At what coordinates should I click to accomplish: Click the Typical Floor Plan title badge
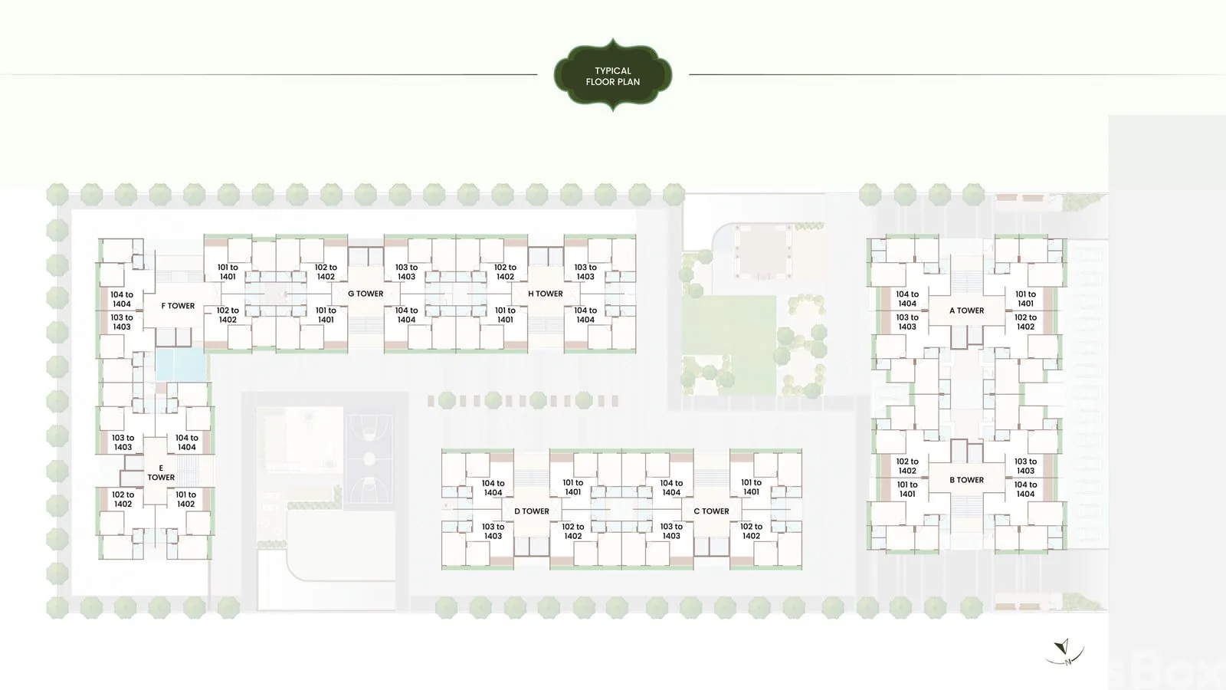click(x=613, y=76)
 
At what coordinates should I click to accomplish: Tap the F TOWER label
click(x=178, y=306)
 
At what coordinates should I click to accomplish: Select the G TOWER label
click(x=366, y=294)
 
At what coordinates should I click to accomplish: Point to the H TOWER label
click(x=545, y=294)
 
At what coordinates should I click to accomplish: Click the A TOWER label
click(x=966, y=310)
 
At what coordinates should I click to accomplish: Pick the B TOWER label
click(x=966, y=480)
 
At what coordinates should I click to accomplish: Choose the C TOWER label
click(x=711, y=511)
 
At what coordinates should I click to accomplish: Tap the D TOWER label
click(x=532, y=511)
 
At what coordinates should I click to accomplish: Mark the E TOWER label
click(x=161, y=472)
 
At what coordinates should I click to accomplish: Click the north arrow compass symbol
click(x=1064, y=652)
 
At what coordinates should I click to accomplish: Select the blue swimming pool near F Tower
click(x=181, y=365)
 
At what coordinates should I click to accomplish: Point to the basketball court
click(x=369, y=459)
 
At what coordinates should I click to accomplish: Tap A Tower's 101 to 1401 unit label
click(x=1025, y=299)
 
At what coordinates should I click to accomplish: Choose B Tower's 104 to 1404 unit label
click(x=1025, y=489)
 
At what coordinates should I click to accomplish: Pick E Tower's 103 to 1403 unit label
click(x=123, y=442)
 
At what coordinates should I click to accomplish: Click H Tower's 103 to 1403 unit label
click(x=585, y=272)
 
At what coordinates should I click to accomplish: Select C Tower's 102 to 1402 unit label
click(x=751, y=531)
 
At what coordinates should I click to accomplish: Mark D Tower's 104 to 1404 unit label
click(x=493, y=488)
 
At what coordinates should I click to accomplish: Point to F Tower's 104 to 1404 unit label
click(x=122, y=300)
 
